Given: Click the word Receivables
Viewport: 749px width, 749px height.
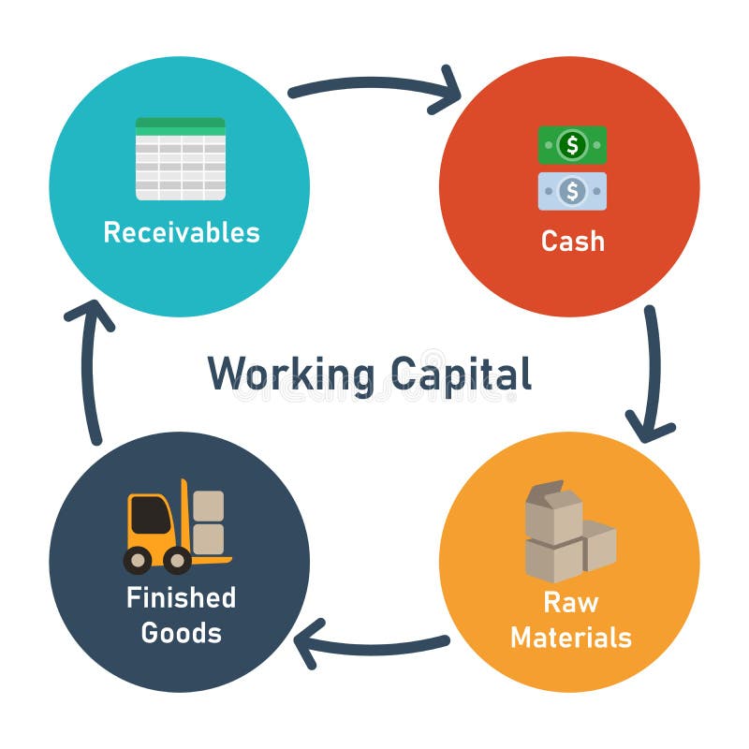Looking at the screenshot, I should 182,231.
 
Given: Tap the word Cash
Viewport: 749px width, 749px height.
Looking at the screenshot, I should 572,241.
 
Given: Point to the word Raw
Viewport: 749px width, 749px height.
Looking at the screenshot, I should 570,601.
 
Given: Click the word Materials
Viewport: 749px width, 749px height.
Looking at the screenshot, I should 570,638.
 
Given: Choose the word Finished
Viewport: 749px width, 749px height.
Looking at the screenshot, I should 181,597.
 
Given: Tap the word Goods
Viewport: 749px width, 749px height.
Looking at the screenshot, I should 181,633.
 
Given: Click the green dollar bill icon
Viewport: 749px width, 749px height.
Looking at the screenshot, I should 572,145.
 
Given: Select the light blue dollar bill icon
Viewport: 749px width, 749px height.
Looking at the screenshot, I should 572,191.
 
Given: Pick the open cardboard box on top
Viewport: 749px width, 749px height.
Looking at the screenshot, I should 552,510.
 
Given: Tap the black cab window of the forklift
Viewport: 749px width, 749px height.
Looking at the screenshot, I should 150,515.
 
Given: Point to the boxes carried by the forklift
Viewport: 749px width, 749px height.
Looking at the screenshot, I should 208,521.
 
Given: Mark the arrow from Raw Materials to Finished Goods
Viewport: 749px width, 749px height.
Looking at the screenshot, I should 374,645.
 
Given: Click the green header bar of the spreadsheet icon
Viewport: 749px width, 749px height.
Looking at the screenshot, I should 181,123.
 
